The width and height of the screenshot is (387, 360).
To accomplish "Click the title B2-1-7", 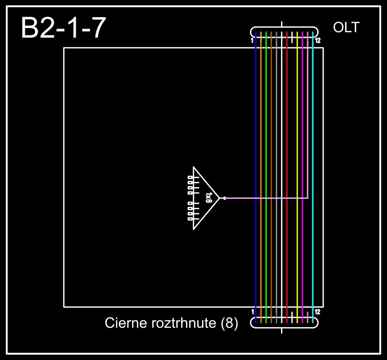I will click(63, 28).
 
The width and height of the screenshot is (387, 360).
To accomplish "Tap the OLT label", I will click(346, 28).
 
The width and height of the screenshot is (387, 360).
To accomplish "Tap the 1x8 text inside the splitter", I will click(209, 198).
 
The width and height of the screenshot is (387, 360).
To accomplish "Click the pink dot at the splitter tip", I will click(224, 198).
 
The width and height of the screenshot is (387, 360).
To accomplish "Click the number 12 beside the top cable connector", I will click(318, 41).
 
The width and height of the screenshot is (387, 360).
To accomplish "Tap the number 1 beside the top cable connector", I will click(252, 41).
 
